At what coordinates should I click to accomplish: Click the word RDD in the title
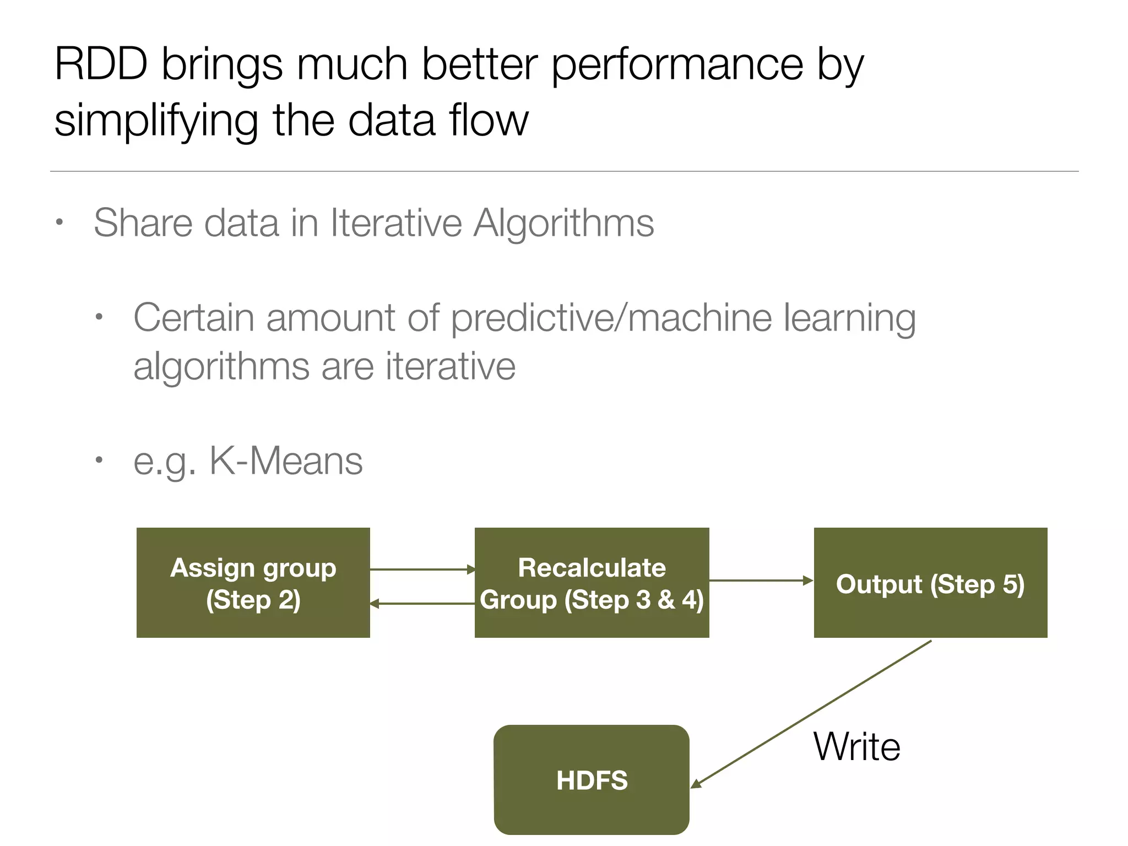pyautogui.click(x=101, y=64)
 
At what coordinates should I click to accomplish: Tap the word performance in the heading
pyautogui.click(x=677, y=65)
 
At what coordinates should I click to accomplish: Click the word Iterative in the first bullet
pyautogui.click(x=396, y=223)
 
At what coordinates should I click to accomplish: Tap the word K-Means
pyautogui.click(x=286, y=460)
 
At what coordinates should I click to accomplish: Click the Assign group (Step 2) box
pyautogui.click(x=253, y=583)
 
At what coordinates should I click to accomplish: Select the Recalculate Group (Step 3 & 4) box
pyautogui.click(x=592, y=583)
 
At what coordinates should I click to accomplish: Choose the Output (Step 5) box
pyautogui.click(x=930, y=583)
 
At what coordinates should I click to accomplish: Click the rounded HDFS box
pyautogui.click(x=592, y=780)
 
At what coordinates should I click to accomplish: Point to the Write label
pyautogui.click(x=857, y=747)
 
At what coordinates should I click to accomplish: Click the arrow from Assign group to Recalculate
pyautogui.click(x=422, y=570)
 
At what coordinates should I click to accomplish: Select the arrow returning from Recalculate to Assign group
pyautogui.click(x=422, y=604)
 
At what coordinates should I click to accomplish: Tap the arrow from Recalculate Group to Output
pyautogui.click(x=761, y=581)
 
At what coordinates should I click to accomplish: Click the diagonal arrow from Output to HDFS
pyautogui.click(x=810, y=714)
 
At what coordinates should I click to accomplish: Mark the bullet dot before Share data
pyautogui.click(x=59, y=223)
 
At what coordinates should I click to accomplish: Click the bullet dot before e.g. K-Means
pyautogui.click(x=99, y=460)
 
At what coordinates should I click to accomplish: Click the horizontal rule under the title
pyautogui.click(x=564, y=171)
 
